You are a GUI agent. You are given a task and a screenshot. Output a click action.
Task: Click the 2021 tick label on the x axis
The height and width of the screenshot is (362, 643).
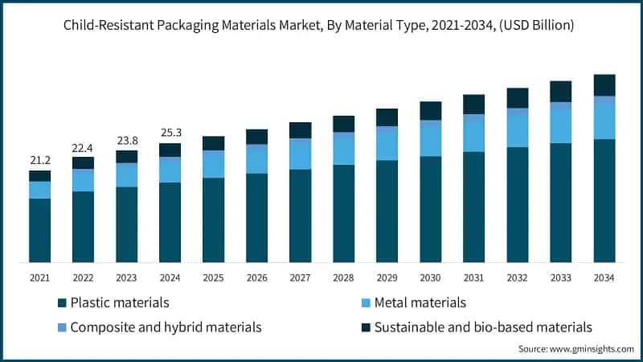39,278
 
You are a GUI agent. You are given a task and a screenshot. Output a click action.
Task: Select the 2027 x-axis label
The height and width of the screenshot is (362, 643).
300,278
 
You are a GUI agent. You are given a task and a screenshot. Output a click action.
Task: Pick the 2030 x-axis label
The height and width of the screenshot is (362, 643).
430,278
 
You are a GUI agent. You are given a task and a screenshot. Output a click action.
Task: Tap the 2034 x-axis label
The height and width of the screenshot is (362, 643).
604,278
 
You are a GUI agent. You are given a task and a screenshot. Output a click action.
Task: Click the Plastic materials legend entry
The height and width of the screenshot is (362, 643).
113,303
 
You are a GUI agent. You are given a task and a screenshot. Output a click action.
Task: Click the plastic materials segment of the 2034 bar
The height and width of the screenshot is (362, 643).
604,201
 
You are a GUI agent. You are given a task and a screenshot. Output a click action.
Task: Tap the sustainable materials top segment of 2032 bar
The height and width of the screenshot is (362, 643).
517,97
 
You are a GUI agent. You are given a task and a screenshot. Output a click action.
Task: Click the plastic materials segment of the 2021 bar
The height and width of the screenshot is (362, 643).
39,230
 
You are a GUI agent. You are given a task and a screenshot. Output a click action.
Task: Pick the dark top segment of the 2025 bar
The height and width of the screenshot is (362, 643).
213,142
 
